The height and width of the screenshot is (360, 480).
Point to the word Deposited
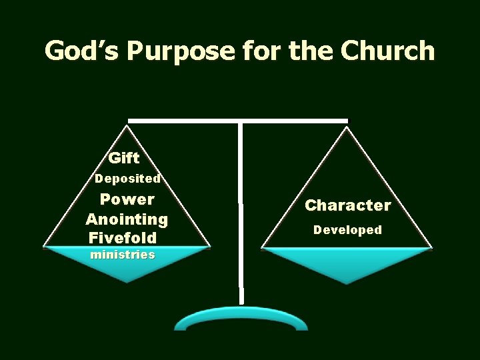pos(127,179)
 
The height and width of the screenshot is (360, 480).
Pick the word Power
pos(127,199)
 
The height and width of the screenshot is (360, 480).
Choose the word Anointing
pos(127,219)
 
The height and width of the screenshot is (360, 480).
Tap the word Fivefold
pos(121,237)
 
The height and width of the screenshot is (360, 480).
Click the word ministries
pos(125,255)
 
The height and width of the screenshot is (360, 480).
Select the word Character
pos(348,205)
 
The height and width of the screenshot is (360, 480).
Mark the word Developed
pos(348,230)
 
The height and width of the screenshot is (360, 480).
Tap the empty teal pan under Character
pos(347,264)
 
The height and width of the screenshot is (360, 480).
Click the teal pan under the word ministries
pos(127,267)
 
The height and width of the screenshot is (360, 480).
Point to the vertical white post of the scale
pos(241,213)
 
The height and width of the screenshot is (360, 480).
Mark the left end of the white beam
pos(131,121)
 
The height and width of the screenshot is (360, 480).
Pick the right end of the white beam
pos(345,121)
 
